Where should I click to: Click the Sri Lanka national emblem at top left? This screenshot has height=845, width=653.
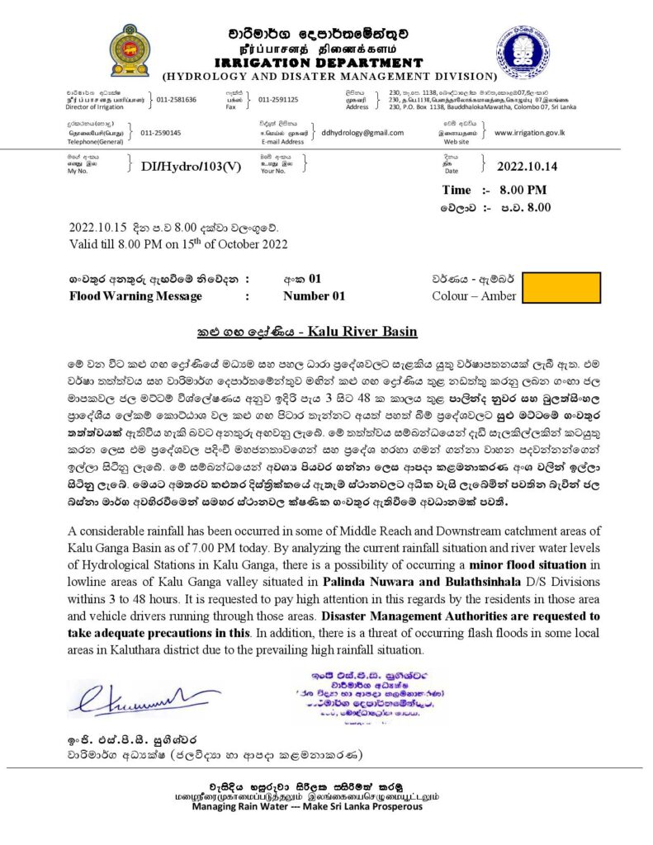tap(130, 51)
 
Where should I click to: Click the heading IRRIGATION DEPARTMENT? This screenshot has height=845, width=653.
tap(319, 62)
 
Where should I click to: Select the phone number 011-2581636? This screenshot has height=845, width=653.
tap(177, 100)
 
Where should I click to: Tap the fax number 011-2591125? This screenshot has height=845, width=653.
tap(278, 100)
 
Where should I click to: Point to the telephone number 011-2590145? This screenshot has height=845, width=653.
tap(161, 132)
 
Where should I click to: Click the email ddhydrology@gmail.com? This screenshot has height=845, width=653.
tap(362, 132)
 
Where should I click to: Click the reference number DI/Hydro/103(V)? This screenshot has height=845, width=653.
tap(191, 166)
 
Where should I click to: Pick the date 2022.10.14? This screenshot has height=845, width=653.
tap(527, 166)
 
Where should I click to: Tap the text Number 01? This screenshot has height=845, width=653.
tap(314, 296)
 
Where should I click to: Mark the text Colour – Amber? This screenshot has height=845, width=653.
tap(474, 296)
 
